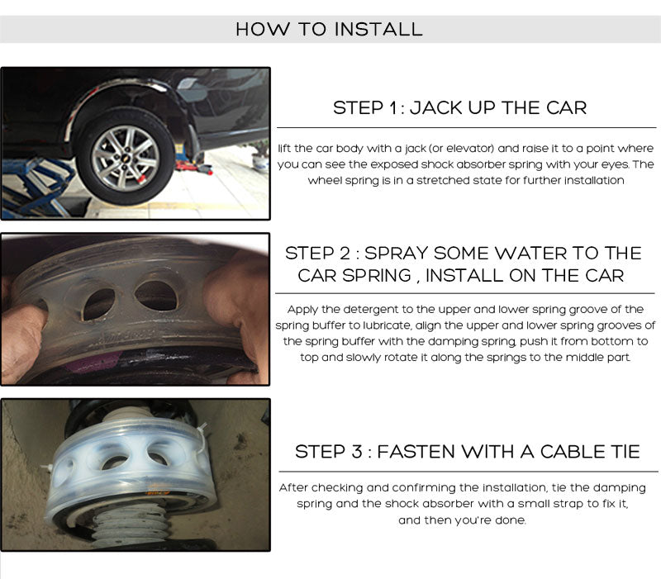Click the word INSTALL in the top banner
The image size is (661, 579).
tap(378, 29)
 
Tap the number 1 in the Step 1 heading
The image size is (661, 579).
tap(393, 108)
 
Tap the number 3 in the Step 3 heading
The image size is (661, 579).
tap(357, 452)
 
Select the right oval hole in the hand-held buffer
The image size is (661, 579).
tap(157, 295)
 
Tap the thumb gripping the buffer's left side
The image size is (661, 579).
tap(23, 329)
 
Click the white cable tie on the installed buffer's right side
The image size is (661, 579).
tap(203, 444)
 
